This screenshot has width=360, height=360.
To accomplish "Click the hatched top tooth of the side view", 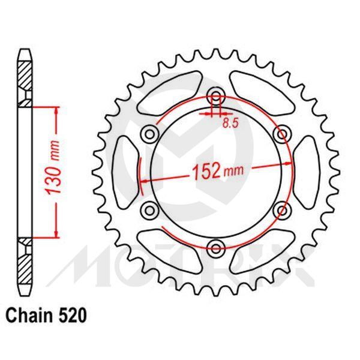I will [x=24, y=75].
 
